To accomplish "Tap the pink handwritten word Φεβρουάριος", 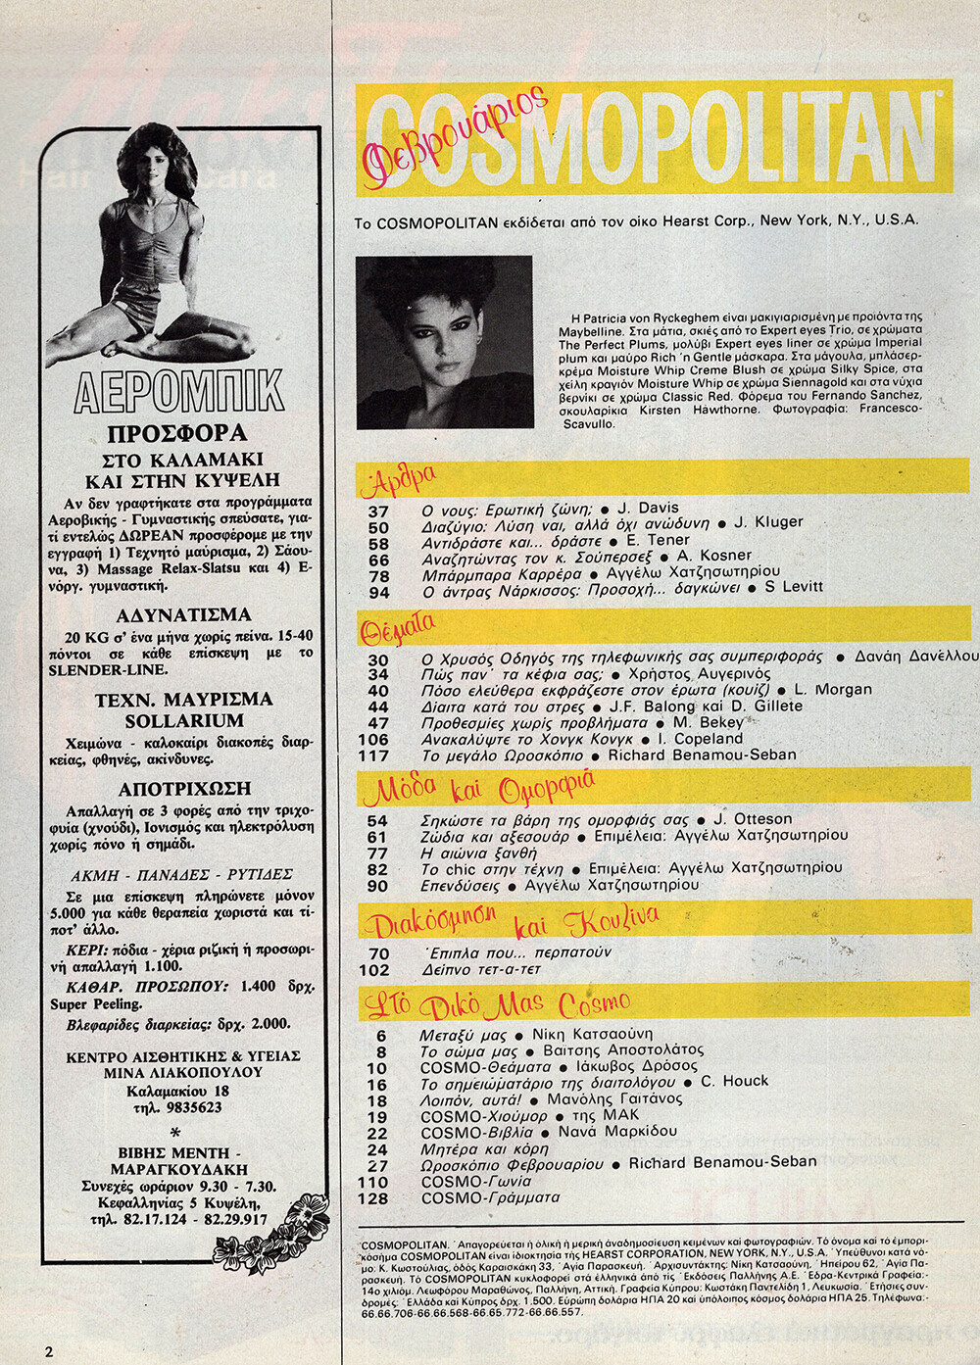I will [x=456, y=136].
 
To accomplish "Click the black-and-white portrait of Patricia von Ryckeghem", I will [x=444, y=342].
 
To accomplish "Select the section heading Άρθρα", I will [x=398, y=480].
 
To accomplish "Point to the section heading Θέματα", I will [x=398, y=628].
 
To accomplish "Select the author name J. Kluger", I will [x=768, y=523].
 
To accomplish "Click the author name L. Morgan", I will [x=832, y=690].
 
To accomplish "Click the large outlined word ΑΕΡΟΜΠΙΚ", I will [x=179, y=392].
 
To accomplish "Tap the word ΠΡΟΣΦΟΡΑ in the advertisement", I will [x=177, y=434].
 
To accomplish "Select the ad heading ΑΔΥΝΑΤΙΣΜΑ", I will [x=183, y=615].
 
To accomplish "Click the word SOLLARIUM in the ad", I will [x=184, y=720].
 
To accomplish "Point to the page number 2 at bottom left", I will [x=49, y=1351].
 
